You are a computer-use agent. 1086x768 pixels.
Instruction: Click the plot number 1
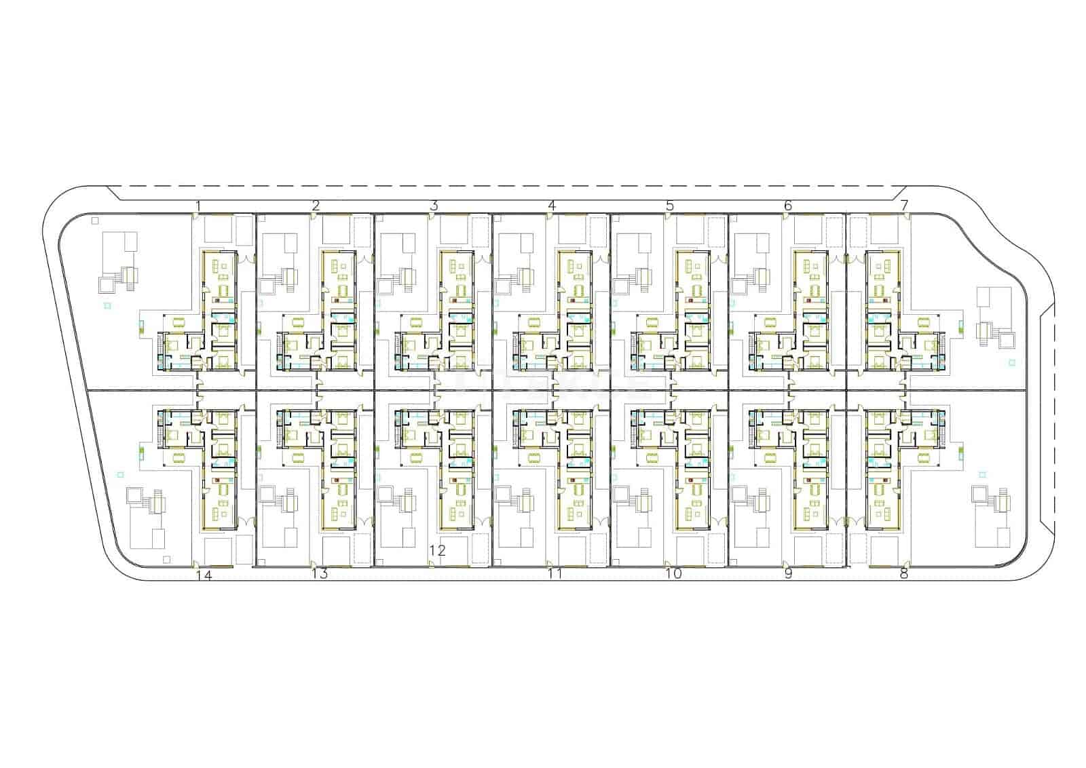point(198,206)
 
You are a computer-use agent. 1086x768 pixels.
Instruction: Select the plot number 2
point(316,206)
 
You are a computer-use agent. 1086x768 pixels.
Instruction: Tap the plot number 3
point(434,206)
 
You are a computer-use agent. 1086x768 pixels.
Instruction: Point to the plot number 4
point(552,206)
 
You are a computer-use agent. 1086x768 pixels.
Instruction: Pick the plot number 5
point(669,206)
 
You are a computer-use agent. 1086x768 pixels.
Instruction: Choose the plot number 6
point(788,206)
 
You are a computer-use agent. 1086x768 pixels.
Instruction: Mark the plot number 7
point(904,206)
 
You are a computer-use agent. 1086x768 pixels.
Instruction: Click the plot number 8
point(903,574)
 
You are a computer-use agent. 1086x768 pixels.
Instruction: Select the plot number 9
point(788,574)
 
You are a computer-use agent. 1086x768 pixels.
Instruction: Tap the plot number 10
point(673,574)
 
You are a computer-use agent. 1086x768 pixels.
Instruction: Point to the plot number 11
point(555,574)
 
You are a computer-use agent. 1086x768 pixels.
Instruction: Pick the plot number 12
point(437,550)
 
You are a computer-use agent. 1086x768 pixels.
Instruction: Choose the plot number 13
point(320,574)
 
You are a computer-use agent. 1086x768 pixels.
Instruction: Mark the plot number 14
point(204,576)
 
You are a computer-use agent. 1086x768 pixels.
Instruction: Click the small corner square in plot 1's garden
point(95,221)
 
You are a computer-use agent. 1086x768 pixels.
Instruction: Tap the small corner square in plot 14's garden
point(166,560)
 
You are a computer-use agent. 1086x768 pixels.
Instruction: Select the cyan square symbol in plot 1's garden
point(108,306)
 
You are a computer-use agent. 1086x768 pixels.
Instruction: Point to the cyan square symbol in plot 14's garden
point(121,475)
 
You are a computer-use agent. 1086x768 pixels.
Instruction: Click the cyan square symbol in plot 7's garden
point(1012,362)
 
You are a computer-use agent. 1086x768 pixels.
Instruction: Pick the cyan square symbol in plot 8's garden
point(983,475)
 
